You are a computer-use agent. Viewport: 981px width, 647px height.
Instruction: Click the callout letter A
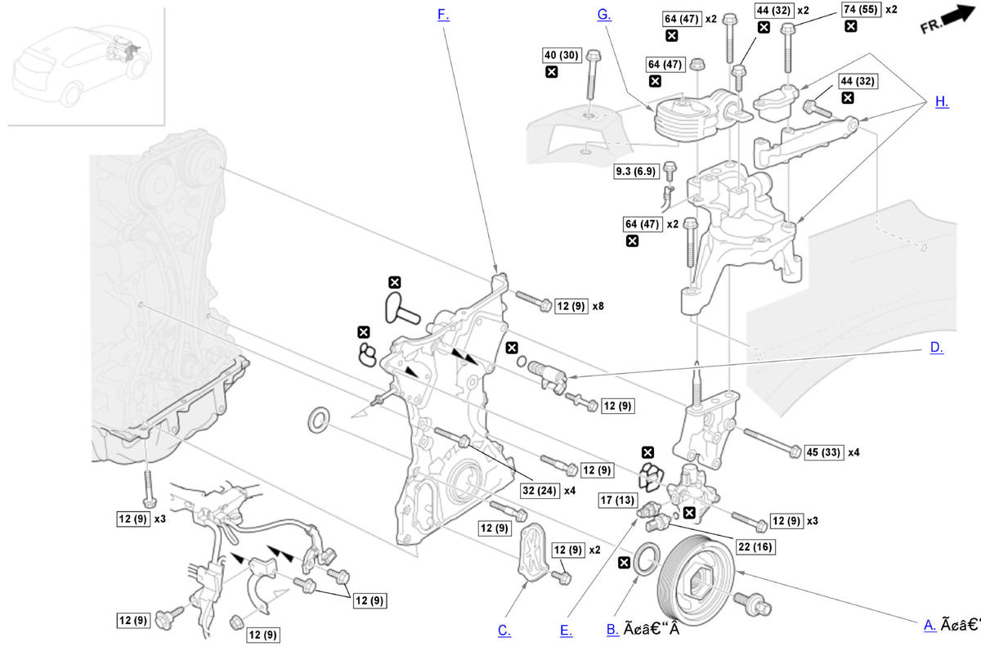929,625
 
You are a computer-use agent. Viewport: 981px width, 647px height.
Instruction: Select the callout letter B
612,629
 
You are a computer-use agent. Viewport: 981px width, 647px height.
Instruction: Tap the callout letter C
504,630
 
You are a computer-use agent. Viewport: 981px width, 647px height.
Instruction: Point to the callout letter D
936,348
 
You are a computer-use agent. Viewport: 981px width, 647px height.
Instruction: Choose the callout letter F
443,15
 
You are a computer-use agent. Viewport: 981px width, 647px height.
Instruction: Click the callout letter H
942,101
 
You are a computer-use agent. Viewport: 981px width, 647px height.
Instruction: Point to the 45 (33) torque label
823,452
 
